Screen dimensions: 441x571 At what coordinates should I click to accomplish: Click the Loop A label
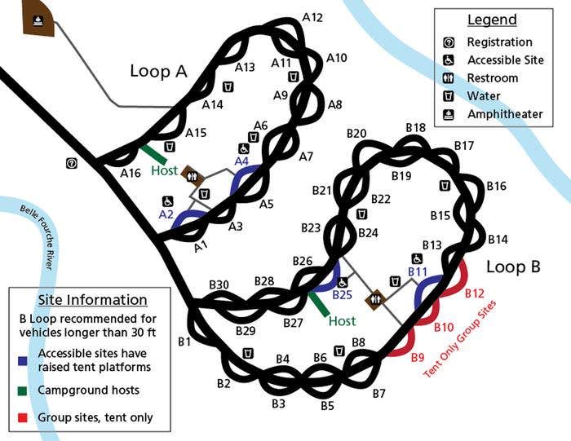tap(158, 72)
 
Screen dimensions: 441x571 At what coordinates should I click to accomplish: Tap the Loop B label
tap(513, 267)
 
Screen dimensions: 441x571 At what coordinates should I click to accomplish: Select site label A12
tap(312, 17)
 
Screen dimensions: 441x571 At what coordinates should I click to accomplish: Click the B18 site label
tap(416, 128)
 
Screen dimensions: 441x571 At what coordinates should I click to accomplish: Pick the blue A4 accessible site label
tap(241, 161)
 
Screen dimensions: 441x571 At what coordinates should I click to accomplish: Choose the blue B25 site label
tap(342, 294)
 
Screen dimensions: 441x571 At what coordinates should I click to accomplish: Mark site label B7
tap(378, 395)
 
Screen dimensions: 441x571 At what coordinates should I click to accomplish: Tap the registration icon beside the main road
tap(72, 163)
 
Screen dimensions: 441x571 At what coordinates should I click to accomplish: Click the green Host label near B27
tap(343, 321)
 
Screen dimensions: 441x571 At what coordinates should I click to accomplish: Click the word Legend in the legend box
tap(492, 20)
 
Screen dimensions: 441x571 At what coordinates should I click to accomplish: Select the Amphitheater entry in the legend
tap(504, 114)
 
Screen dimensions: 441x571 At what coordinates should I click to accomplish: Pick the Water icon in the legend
tap(449, 96)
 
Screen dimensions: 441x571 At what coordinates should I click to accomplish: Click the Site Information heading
tap(93, 300)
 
